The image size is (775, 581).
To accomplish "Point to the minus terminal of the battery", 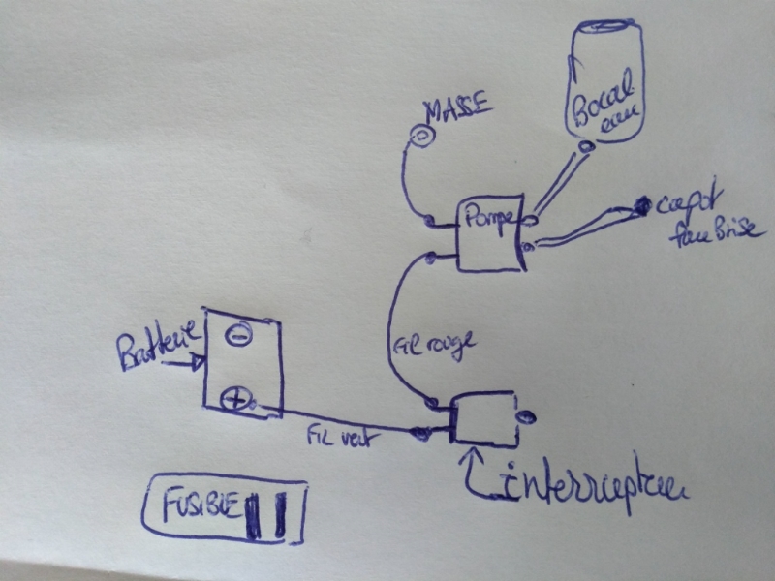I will pyautogui.click(x=236, y=335).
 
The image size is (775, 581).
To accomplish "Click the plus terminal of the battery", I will pyautogui.click(x=235, y=395).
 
